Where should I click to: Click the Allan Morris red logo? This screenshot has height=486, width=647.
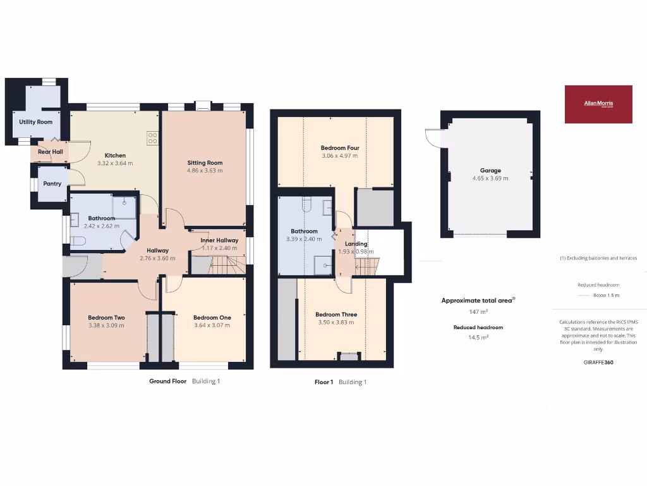[x=598, y=104]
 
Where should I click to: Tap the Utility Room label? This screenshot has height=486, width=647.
[x=35, y=121]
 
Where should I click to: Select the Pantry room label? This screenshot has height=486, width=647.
[x=52, y=184]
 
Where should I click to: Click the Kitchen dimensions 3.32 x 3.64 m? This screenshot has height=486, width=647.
[x=116, y=163]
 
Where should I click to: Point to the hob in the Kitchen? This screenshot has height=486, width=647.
[x=152, y=137]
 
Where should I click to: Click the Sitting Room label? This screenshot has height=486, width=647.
[x=205, y=163]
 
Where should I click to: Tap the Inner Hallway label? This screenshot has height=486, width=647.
[x=219, y=240]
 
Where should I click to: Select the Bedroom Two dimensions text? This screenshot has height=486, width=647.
[x=106, y=325]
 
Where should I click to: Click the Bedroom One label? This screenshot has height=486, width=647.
[x=211, y=318]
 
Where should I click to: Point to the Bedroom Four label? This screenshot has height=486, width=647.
[x=340, y=148]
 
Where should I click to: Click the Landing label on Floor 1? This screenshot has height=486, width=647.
[x=356, y=244]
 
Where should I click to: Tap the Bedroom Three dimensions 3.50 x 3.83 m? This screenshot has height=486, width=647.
[x=336, y=322]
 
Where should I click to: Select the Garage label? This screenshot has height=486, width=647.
[x=490, y=170]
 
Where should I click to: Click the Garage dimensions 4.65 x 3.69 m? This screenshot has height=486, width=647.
[x=490, y=178]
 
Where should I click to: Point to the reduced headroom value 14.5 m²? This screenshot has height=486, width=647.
[x=478, y=337]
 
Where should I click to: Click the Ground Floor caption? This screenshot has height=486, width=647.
[x=167, y=382]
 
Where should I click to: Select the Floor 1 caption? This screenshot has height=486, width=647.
[x=323, y=382]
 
